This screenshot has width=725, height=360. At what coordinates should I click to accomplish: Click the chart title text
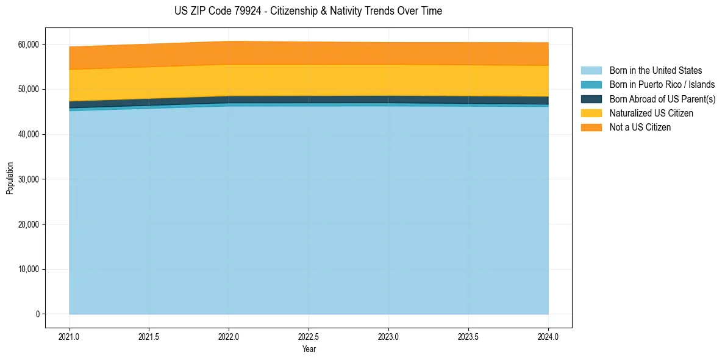tap(308, 11)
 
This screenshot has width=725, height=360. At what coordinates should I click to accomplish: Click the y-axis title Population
tap(10, 178)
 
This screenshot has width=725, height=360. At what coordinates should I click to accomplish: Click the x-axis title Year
tap(309, 349)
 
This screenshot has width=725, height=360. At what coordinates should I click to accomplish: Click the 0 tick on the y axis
tap(37, 314)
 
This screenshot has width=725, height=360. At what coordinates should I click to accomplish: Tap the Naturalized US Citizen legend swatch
tap(591, 113)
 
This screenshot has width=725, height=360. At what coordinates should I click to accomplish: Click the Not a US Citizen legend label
tap(640, 128)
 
